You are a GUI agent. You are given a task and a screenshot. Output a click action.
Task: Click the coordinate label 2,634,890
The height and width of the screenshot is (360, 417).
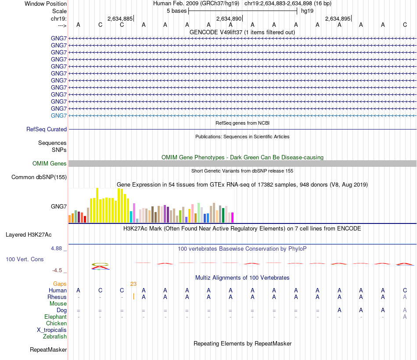[229, 18]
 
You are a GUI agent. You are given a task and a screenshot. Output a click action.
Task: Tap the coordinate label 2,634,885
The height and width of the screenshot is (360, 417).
[120, 18]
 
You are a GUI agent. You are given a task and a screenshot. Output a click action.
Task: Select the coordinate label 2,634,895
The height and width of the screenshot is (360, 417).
[338, 18]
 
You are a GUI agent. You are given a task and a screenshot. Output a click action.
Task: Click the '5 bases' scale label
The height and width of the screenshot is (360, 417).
[176, 11]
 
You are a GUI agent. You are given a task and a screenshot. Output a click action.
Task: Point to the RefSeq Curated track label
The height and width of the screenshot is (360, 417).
[47, 130]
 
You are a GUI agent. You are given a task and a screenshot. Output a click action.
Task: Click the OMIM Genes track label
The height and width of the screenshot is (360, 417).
[50, 164]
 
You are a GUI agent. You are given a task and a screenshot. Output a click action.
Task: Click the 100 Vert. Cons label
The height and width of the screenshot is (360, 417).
[25, 259]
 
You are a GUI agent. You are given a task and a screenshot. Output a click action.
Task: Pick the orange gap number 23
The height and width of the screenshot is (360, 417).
[133, 284]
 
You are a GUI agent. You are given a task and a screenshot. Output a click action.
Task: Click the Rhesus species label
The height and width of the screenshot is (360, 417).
[57, 297]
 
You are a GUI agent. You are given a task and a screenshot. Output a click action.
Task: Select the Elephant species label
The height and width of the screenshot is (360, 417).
[56, 317]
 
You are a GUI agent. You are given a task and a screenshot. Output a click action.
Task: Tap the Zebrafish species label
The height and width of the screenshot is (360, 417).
[55, 337]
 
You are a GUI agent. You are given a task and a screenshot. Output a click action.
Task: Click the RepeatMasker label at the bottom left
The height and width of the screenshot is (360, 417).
[48, 350]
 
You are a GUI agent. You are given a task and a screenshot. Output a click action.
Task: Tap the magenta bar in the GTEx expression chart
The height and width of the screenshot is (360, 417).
[232, 218]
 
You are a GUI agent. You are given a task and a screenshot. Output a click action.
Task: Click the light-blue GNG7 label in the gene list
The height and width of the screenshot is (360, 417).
[59, 115]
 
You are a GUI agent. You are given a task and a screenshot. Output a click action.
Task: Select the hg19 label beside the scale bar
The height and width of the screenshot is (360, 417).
[307, 11]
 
